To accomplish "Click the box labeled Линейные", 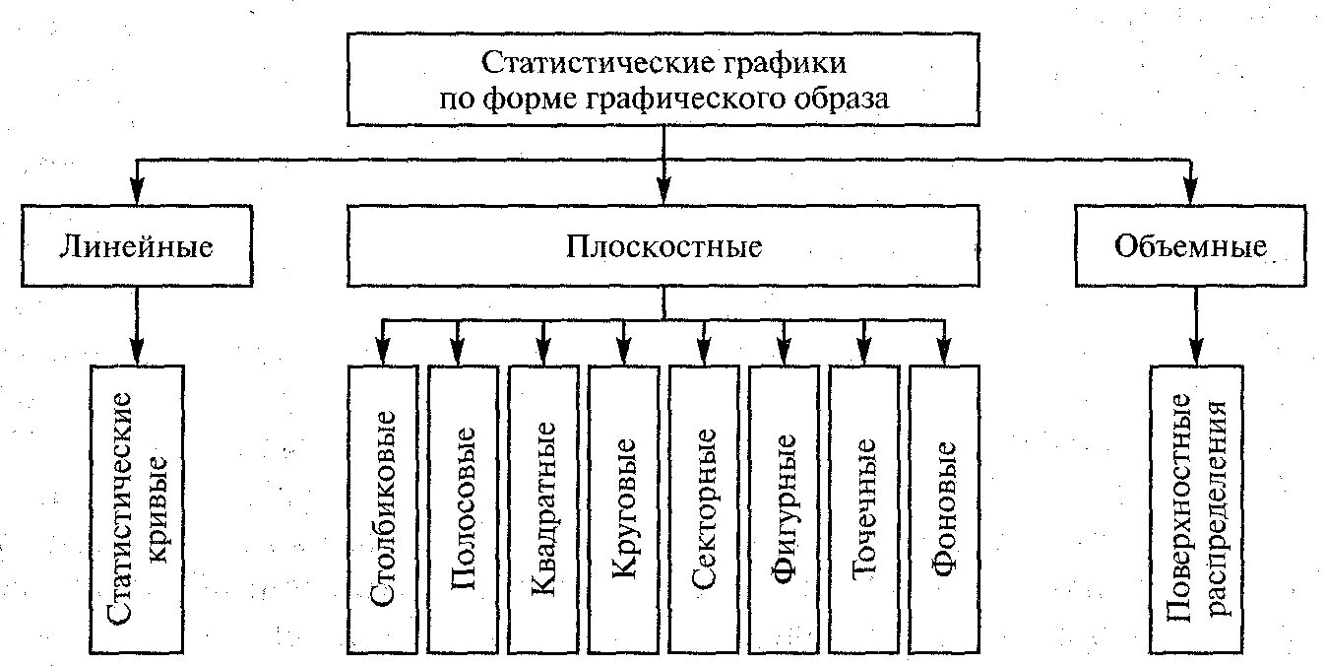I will [136, 246].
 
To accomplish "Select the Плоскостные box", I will [663, 246].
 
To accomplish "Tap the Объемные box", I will [1191, 246].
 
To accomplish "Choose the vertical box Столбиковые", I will [385, 508].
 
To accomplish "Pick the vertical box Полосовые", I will [465, 508].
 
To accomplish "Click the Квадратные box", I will [545, 508].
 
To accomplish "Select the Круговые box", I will [625, 508].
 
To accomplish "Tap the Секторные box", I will [706, 508].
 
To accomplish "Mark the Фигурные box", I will [786, 508].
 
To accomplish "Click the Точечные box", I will [865, 508].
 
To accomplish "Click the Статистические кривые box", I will [137, 508].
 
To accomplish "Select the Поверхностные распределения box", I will [1197, 508].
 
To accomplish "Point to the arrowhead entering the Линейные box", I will [137, 194].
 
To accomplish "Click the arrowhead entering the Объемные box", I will [1192, 194].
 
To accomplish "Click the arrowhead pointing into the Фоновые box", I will [945, 352].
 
